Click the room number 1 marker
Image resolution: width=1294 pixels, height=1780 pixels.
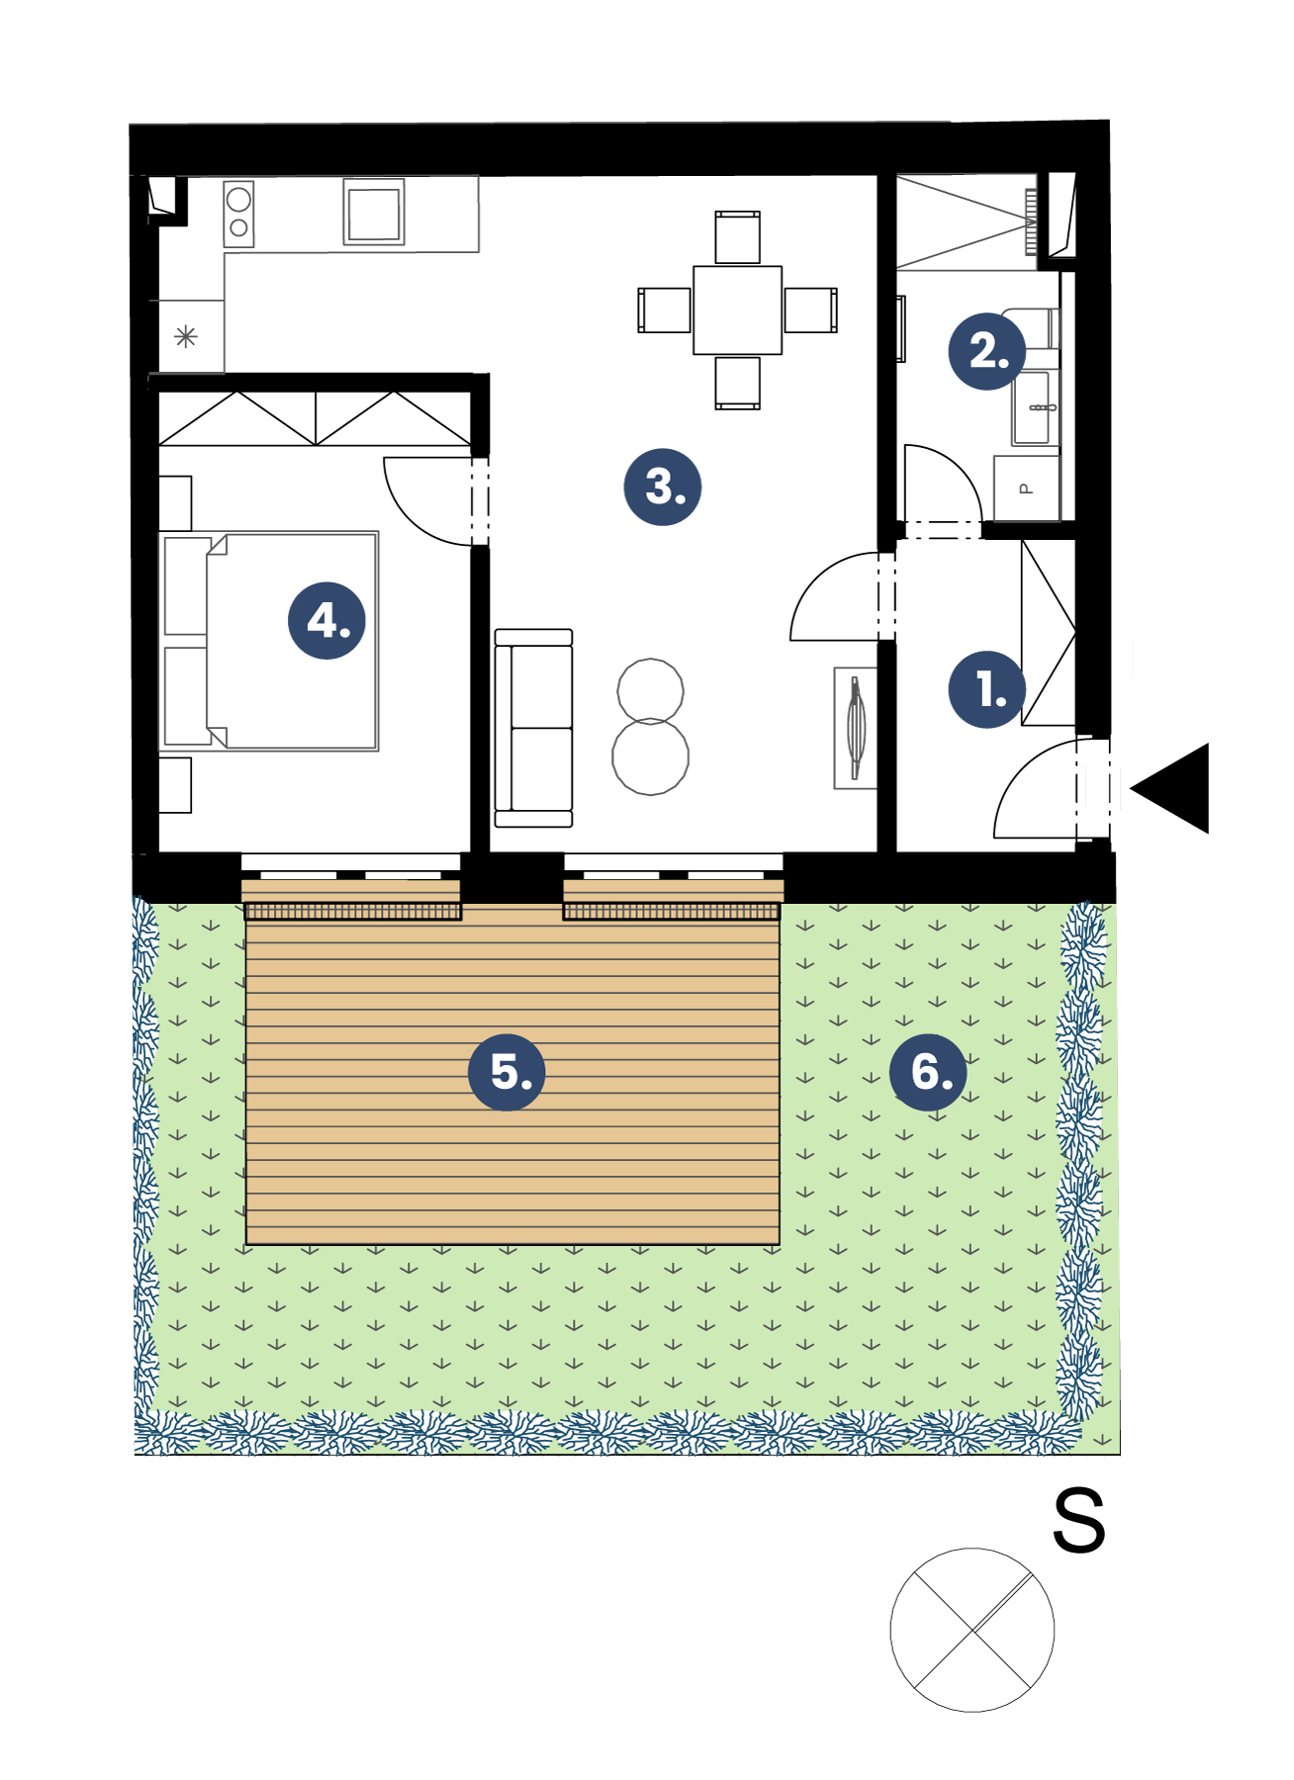986,689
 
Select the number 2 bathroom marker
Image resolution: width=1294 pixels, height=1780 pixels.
986,351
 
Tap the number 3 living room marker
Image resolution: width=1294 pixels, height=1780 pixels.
663,487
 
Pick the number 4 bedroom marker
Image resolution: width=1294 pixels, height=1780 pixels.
326,621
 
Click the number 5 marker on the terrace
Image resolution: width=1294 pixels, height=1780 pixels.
507,1072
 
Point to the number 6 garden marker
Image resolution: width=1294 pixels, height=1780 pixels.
928,1072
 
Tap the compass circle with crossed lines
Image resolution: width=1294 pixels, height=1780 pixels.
972,1630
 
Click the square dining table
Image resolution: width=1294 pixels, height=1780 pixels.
738,310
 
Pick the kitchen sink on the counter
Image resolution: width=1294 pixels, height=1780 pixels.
374,211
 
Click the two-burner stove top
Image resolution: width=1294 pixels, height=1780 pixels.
238,214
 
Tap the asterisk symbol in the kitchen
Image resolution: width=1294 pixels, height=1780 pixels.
186,337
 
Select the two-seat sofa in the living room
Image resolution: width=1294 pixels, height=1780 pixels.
533,728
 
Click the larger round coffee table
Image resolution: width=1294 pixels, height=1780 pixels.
650,756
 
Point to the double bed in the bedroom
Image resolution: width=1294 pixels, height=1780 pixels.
269,641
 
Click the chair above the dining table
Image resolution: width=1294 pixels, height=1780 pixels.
738,237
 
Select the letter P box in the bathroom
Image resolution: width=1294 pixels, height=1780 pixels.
1026,488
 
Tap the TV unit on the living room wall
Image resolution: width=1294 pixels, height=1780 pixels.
856,728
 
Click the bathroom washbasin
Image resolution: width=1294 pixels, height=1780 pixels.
1035,407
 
